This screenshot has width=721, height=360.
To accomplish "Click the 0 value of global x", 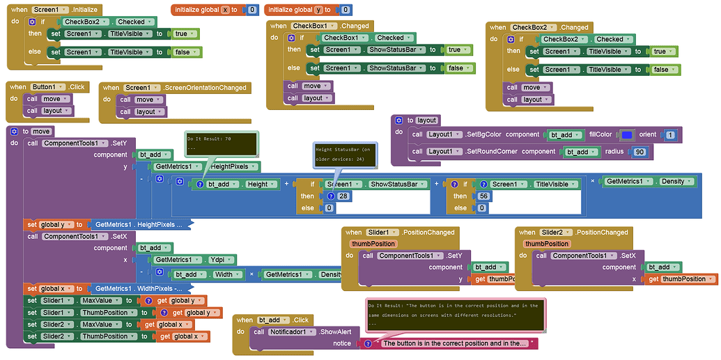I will pyautogui.click(x=252, y=10).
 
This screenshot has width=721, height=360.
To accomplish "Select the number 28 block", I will pyautogui.click(x=343, y=196).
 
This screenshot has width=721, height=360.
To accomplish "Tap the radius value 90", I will pyautogui.click(x=639, y=151).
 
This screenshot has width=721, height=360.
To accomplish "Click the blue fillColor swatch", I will pyautogui.click(x=626, y=134).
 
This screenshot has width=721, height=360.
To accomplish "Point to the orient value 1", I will pyautogui.click(x=669, y=134).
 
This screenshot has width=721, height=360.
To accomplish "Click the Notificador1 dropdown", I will pyautogui.click(x=293, y=332).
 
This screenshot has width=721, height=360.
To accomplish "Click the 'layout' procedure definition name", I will pyautogui.click(x=426, y=120).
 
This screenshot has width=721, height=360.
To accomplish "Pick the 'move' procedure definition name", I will pyautogui.click(x=41, y=131).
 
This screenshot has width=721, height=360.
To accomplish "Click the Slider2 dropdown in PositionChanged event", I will pyautogui.click(x=557, y=232).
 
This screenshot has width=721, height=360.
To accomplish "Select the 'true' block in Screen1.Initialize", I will pyautogui.click(x=181, y=33).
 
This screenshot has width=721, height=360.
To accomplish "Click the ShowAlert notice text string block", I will pyautogui.click(x=456, y=343).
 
